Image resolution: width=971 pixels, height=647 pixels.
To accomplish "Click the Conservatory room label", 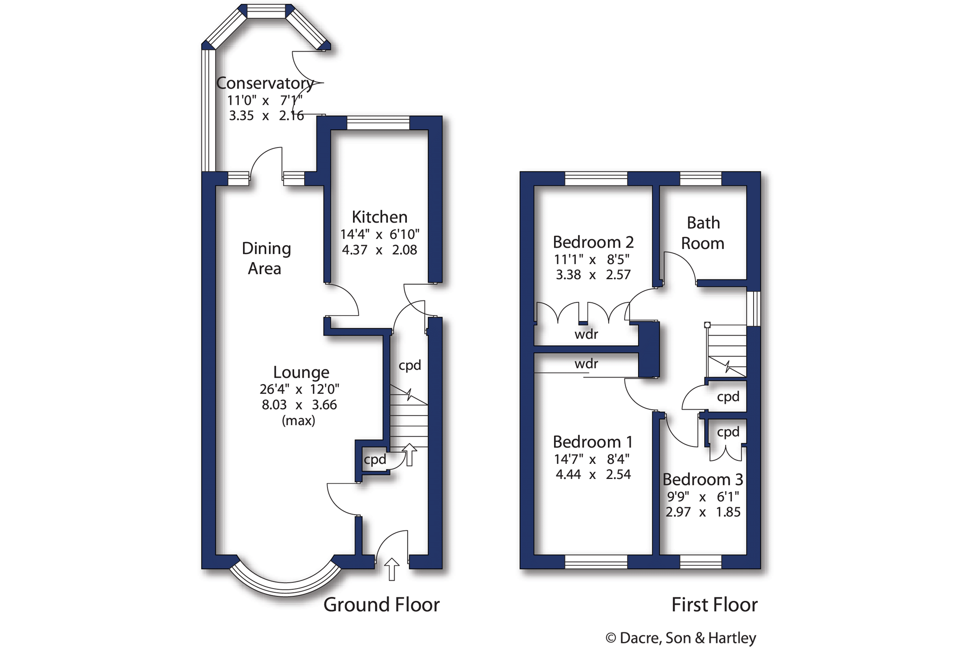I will [264, 83].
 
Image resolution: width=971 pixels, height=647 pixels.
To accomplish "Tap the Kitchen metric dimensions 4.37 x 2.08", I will [379, 250].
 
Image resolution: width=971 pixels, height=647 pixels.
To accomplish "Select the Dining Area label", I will [266, 258].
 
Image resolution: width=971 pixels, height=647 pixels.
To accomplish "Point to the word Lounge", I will [301, 372].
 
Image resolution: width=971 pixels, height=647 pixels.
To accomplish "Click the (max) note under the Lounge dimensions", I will [298, 421].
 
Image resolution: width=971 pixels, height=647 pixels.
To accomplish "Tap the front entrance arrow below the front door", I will [391, 569].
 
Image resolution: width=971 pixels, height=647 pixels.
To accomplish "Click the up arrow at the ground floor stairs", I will [409, 455].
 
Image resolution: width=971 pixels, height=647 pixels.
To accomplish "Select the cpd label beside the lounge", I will [375, 459].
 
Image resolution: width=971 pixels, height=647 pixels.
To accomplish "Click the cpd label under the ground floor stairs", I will [409, 365].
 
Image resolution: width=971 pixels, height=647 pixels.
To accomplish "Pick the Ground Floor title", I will [381, 605].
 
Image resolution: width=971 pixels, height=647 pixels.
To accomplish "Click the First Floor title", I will [714, 605].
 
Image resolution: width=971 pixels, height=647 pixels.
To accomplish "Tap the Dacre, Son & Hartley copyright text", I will [681, 638].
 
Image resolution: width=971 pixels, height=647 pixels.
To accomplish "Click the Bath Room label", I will [703, 233].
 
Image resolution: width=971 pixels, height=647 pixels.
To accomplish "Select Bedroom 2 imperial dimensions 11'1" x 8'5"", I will [591, 259].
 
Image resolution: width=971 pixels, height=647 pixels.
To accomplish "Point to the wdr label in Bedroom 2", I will [586, 335].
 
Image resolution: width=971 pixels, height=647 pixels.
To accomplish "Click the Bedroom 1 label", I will [592, 442].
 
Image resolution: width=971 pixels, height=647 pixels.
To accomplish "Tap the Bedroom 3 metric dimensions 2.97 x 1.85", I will [702, 512].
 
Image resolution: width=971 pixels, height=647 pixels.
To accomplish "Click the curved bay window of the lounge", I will [285, 587].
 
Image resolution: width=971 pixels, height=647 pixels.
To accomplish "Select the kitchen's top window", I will [378, 123].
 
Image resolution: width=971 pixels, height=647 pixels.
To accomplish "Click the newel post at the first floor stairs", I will [707, 325].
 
